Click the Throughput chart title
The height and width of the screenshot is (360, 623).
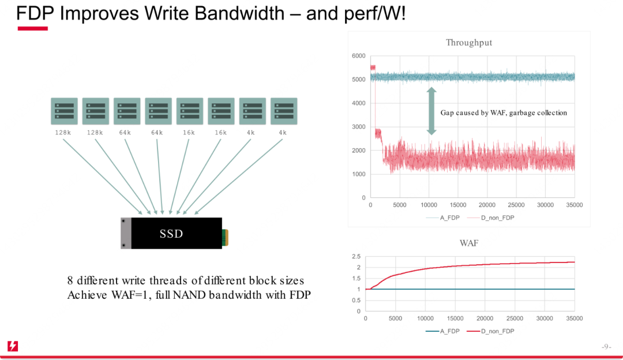469,43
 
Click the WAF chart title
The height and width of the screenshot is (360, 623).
469,243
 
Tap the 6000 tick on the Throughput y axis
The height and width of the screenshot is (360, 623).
358,56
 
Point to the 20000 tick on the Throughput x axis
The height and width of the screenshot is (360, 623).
487,205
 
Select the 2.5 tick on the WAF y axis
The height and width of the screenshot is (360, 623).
356,256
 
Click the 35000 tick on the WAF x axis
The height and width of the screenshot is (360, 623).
574,318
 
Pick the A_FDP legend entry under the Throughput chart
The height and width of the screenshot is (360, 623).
442,217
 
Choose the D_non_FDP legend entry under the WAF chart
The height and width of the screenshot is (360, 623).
490,331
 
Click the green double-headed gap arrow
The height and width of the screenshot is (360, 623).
431,111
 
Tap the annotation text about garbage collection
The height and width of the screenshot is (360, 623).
504,113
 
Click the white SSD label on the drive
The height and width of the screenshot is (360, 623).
171,234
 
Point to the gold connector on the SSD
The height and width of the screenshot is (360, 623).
226,238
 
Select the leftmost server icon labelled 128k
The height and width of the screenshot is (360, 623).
64,111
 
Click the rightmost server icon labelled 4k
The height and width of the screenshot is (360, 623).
284,111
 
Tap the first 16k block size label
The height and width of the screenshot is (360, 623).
189,133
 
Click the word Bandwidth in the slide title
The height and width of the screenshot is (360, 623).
239,13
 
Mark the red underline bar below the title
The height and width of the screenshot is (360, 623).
32,29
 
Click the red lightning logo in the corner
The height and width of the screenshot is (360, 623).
13,346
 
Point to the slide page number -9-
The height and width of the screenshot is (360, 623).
606,347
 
